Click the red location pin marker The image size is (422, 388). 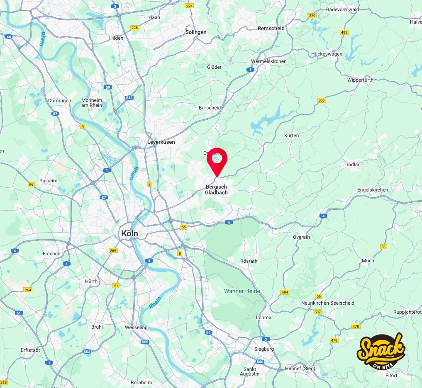coord(217,160)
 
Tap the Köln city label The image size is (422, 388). coord(129,234)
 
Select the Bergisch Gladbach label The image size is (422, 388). coord(217,190)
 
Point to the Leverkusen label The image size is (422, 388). coord(161,142)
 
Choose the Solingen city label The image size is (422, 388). coord(196,32)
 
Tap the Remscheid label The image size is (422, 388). coord(271,29)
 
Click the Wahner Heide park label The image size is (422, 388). coord(242,291)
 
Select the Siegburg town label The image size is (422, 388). coord(264,349)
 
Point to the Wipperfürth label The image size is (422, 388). coord(360,80)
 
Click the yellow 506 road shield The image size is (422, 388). coord(321,100)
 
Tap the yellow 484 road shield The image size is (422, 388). coord(284,292)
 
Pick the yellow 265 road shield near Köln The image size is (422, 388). coord(113,250)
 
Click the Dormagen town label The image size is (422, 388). coord(60,101)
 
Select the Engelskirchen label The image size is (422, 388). coord(373,190)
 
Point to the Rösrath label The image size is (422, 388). coord(249,261)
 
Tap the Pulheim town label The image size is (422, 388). coord(48,181)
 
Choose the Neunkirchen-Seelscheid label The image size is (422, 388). coord(328,303)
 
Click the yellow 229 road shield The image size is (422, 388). coord(312,16)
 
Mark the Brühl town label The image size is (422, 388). coord(97,327)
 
